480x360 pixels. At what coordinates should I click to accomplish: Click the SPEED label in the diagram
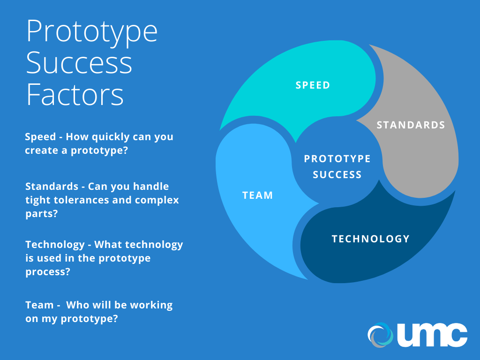pyautogui.click(x=313, y=85)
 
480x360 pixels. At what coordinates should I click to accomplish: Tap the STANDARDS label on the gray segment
pyautogui.click(x=411, y=125)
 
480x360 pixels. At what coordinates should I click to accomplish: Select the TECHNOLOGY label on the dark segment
pyautogui.click(x=371, y=239)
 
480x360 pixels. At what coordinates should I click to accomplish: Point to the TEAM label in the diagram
pyautogui.click(x=257, y=195)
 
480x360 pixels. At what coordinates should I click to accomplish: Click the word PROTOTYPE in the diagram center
pyautogui.click(x=337, y=158)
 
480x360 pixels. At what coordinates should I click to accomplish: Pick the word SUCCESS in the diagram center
pyautogui.click(x=337, y=174)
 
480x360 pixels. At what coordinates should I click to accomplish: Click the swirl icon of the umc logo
pyautogui.click(x=380, y=335)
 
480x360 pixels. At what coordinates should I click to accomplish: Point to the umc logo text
pyautogui.click(x=432, y=335)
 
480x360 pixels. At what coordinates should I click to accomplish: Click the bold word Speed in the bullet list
pyautogui.click(x=40, y=137)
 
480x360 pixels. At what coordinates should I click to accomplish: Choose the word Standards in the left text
pyautogui.click(x=52, y=186)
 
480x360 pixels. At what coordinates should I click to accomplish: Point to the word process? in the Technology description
pyautogui.click(x=48, y=272)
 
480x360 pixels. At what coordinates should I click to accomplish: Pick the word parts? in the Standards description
pyautogui.click(x=42, y=214)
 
